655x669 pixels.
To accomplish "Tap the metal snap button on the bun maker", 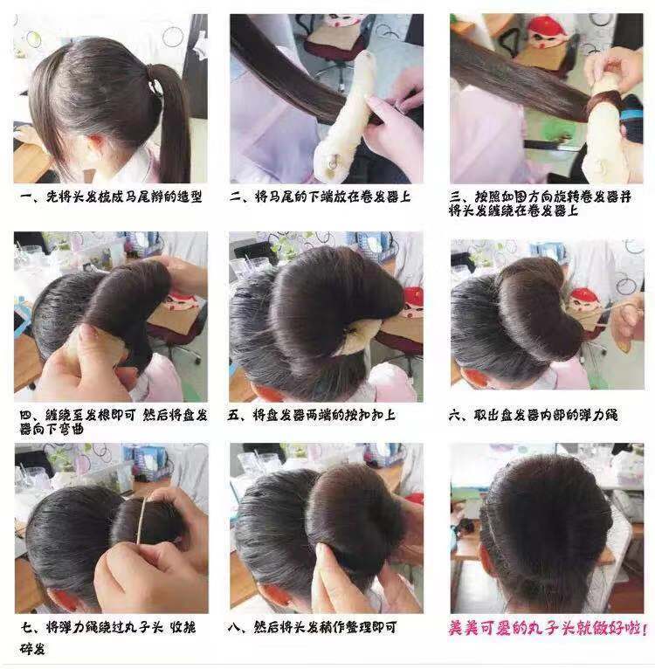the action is [x=334, y=162].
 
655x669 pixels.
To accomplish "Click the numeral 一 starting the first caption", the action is [x=26, y=197].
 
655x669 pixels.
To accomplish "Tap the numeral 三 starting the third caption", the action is [x=455, y=197].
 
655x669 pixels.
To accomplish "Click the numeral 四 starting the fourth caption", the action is [x=26, y=415].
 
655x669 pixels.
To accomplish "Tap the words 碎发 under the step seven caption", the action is [x=32, y=649].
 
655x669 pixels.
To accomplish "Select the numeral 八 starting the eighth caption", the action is [x=234, y=627].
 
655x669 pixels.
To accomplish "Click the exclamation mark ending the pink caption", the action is [x=645, y=629].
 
